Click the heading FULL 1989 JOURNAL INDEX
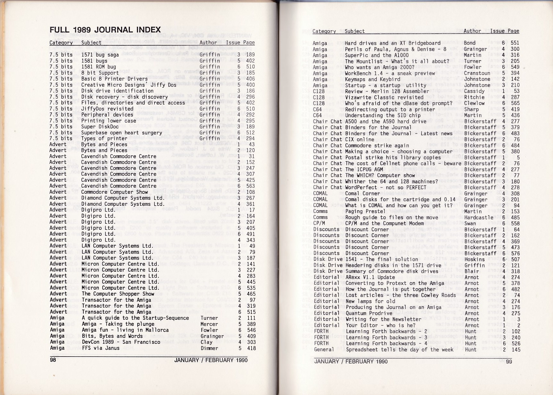[105, 30]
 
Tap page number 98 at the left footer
[53, 360]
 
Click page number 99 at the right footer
[509, 362]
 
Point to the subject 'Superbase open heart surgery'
[121, 133]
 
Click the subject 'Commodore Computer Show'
[114, 192]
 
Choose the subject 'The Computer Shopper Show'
[118, 294]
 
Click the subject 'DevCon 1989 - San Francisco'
[121, 342]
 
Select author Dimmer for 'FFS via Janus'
[209, 348]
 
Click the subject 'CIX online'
[360, 139]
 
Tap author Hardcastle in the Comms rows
[478, 218]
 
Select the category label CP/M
[319, 223]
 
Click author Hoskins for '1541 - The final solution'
[474, 259]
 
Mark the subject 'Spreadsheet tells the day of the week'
[399, 350]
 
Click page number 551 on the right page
[515, 43]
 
